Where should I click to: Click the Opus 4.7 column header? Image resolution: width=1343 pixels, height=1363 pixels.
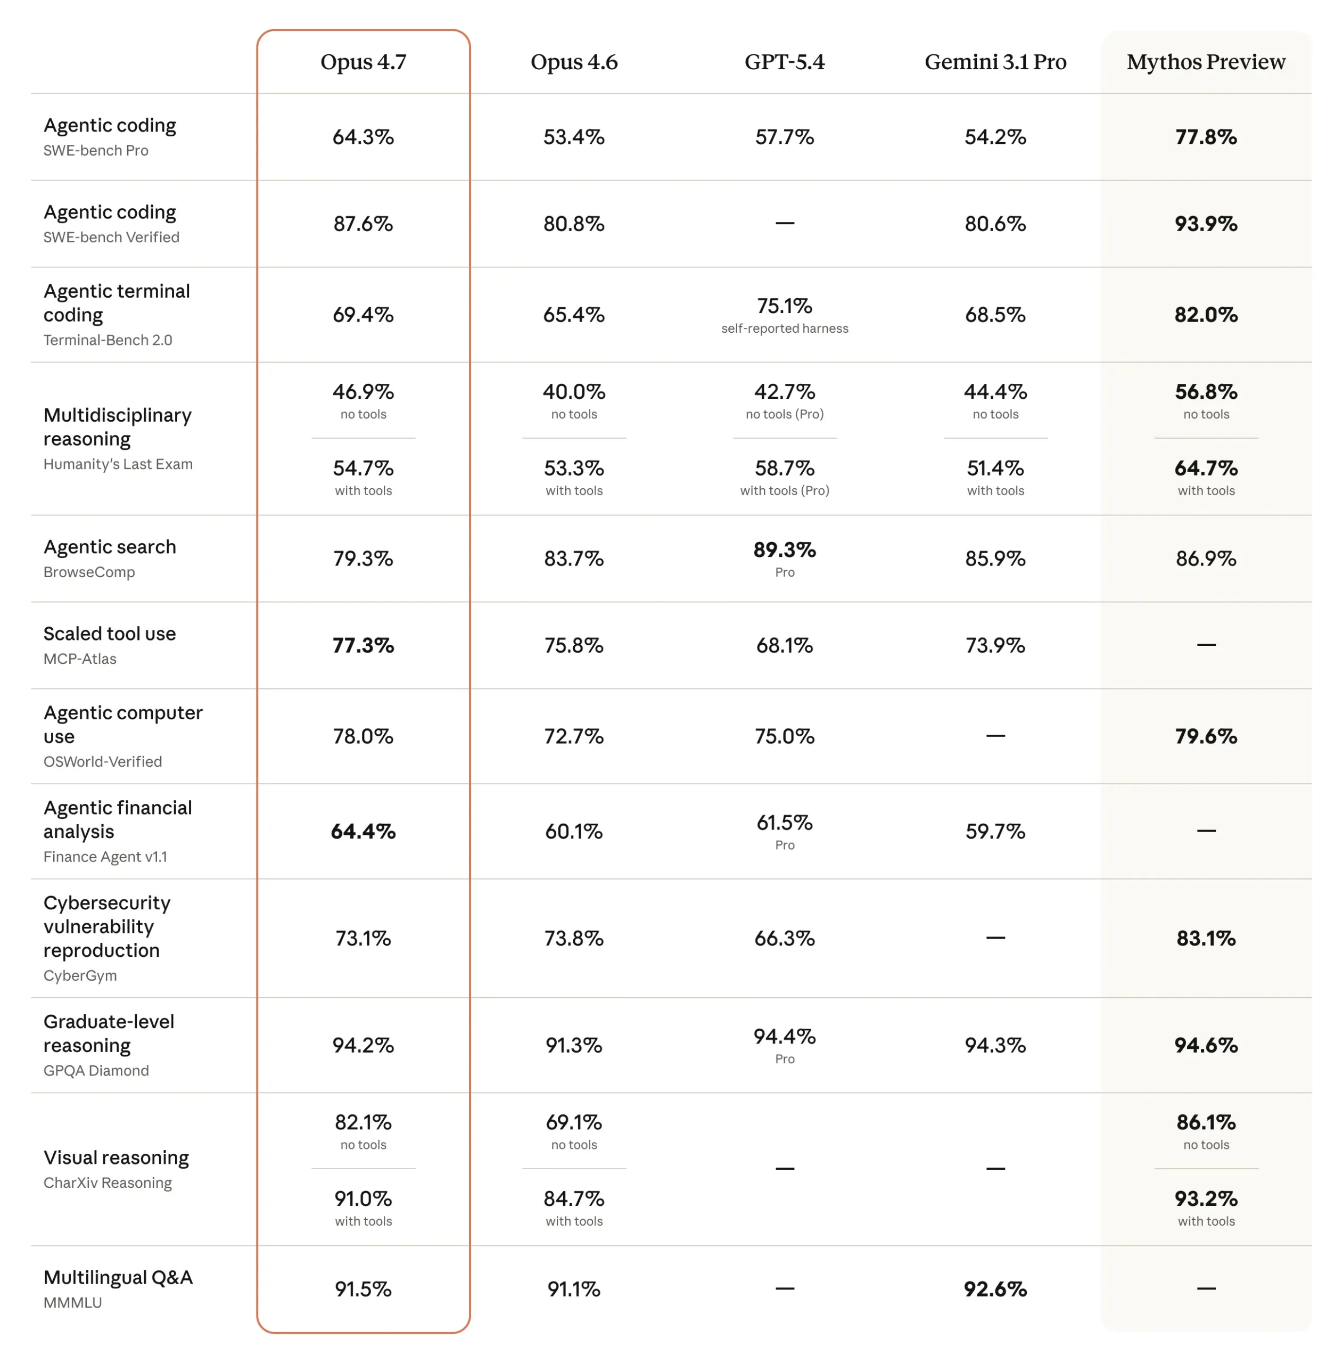[363, 62]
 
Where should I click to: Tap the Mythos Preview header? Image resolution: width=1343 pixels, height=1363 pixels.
[1206, 62]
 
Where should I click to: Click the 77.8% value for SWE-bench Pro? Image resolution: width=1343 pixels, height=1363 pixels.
[1206, 137]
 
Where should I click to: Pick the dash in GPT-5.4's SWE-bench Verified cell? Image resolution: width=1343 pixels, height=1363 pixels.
[785, 223]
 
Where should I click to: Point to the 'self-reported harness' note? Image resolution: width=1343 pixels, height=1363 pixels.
[785, 328]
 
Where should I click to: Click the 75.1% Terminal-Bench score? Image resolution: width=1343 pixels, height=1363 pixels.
[785, 306]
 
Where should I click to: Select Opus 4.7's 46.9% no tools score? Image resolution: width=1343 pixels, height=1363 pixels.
[363, 391]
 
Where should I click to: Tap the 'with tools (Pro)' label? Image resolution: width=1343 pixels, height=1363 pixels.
[785, 490]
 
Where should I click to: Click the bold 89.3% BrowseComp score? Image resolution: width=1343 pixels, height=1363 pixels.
[785, 549]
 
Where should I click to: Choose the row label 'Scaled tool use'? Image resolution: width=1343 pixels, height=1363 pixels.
[109, 634]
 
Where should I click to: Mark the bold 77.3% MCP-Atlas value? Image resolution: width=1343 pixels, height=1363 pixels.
[363, 645]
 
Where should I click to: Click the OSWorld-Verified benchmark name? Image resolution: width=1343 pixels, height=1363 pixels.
[103, 761]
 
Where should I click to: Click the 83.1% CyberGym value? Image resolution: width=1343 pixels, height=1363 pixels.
[1206, 938]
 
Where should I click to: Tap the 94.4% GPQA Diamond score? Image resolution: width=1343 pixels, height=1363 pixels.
[785, 1037]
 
